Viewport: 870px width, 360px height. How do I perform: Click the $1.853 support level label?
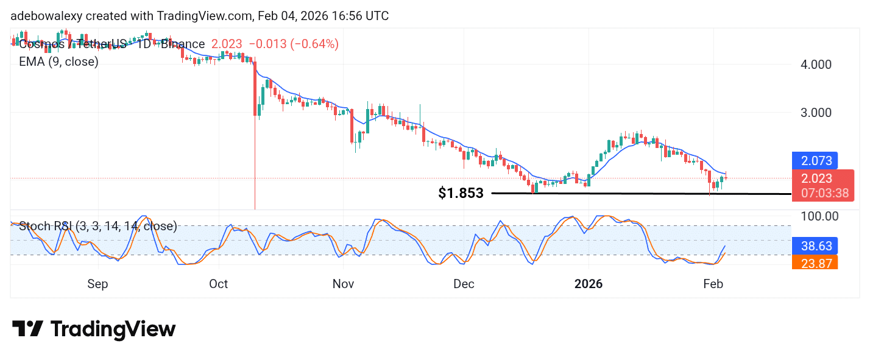tap(461, 194)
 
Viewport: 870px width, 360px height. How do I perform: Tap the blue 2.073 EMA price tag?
tap(816, 161)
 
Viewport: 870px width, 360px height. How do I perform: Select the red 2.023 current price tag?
tap(816, 178)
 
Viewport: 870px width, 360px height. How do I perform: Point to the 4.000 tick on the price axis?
tap(816, 64)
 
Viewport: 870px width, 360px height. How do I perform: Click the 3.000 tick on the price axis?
tap(816, 113)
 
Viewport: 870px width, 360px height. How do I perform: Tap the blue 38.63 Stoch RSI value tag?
tap(816, 245)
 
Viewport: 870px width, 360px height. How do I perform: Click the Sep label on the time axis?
tap(97, 284)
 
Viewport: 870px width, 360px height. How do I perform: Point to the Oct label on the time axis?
tap(218, 284)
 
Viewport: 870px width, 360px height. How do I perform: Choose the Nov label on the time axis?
tap(344, 284)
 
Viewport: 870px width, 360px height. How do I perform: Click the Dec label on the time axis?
tap(464, 284)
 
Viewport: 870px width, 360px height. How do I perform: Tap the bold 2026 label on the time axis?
tap(589, 284)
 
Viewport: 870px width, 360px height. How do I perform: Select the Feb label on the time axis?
tap(713, 284)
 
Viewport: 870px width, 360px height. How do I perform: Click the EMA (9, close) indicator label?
tap(58, 62)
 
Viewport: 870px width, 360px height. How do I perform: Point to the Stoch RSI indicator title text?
tap(97, 227)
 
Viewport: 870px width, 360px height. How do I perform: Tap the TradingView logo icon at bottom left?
tap(27, 330)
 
